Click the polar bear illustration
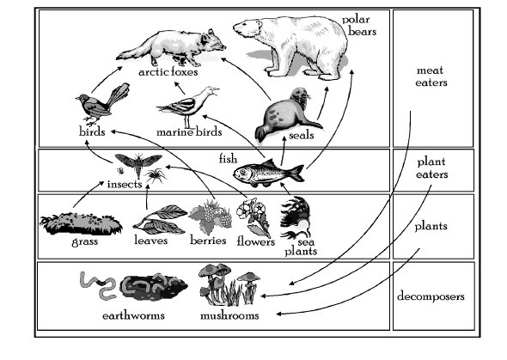[x=291, y=47]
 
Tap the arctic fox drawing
[x=171, y=48]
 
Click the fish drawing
[x=268, y=173]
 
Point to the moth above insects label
[x=138, y=163]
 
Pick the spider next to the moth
[x=156, y=176]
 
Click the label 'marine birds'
[x=189, y=131]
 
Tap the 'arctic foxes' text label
[x=168, y=71]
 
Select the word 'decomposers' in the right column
[x=431, y=296]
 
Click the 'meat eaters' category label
[x=431, y=76]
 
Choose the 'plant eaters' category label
[x=431, y=168]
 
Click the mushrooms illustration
[x=229, y=284]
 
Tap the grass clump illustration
[x=81, y=223]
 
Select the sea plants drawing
[x=296, y=217]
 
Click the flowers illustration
[x=253, y=217]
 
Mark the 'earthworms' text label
[x=133, y=315]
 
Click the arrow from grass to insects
[x=88, y=195]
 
